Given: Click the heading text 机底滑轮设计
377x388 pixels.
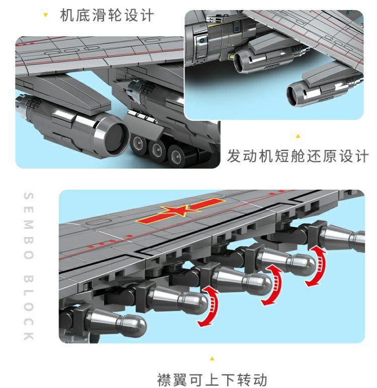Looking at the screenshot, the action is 107,15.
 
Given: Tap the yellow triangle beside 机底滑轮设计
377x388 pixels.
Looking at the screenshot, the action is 45,15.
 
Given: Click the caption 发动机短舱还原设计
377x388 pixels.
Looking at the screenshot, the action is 298,156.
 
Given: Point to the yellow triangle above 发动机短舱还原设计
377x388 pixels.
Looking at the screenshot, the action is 298,136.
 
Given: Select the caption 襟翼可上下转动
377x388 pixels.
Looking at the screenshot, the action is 212,379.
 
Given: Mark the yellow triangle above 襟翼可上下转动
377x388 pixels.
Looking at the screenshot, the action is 212,358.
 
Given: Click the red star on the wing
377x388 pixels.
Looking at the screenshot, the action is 180,211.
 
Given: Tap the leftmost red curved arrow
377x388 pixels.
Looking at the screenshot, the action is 209,306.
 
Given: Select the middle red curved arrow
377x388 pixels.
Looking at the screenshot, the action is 273,284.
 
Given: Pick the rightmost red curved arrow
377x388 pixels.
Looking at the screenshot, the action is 317,266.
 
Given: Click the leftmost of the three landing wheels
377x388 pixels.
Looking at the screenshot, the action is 138,144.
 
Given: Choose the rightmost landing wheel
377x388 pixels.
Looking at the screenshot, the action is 177,156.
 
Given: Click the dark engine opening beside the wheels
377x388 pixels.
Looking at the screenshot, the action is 115,137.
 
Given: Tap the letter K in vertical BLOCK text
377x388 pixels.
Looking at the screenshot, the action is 29,336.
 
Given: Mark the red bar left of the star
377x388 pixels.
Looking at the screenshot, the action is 151,218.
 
